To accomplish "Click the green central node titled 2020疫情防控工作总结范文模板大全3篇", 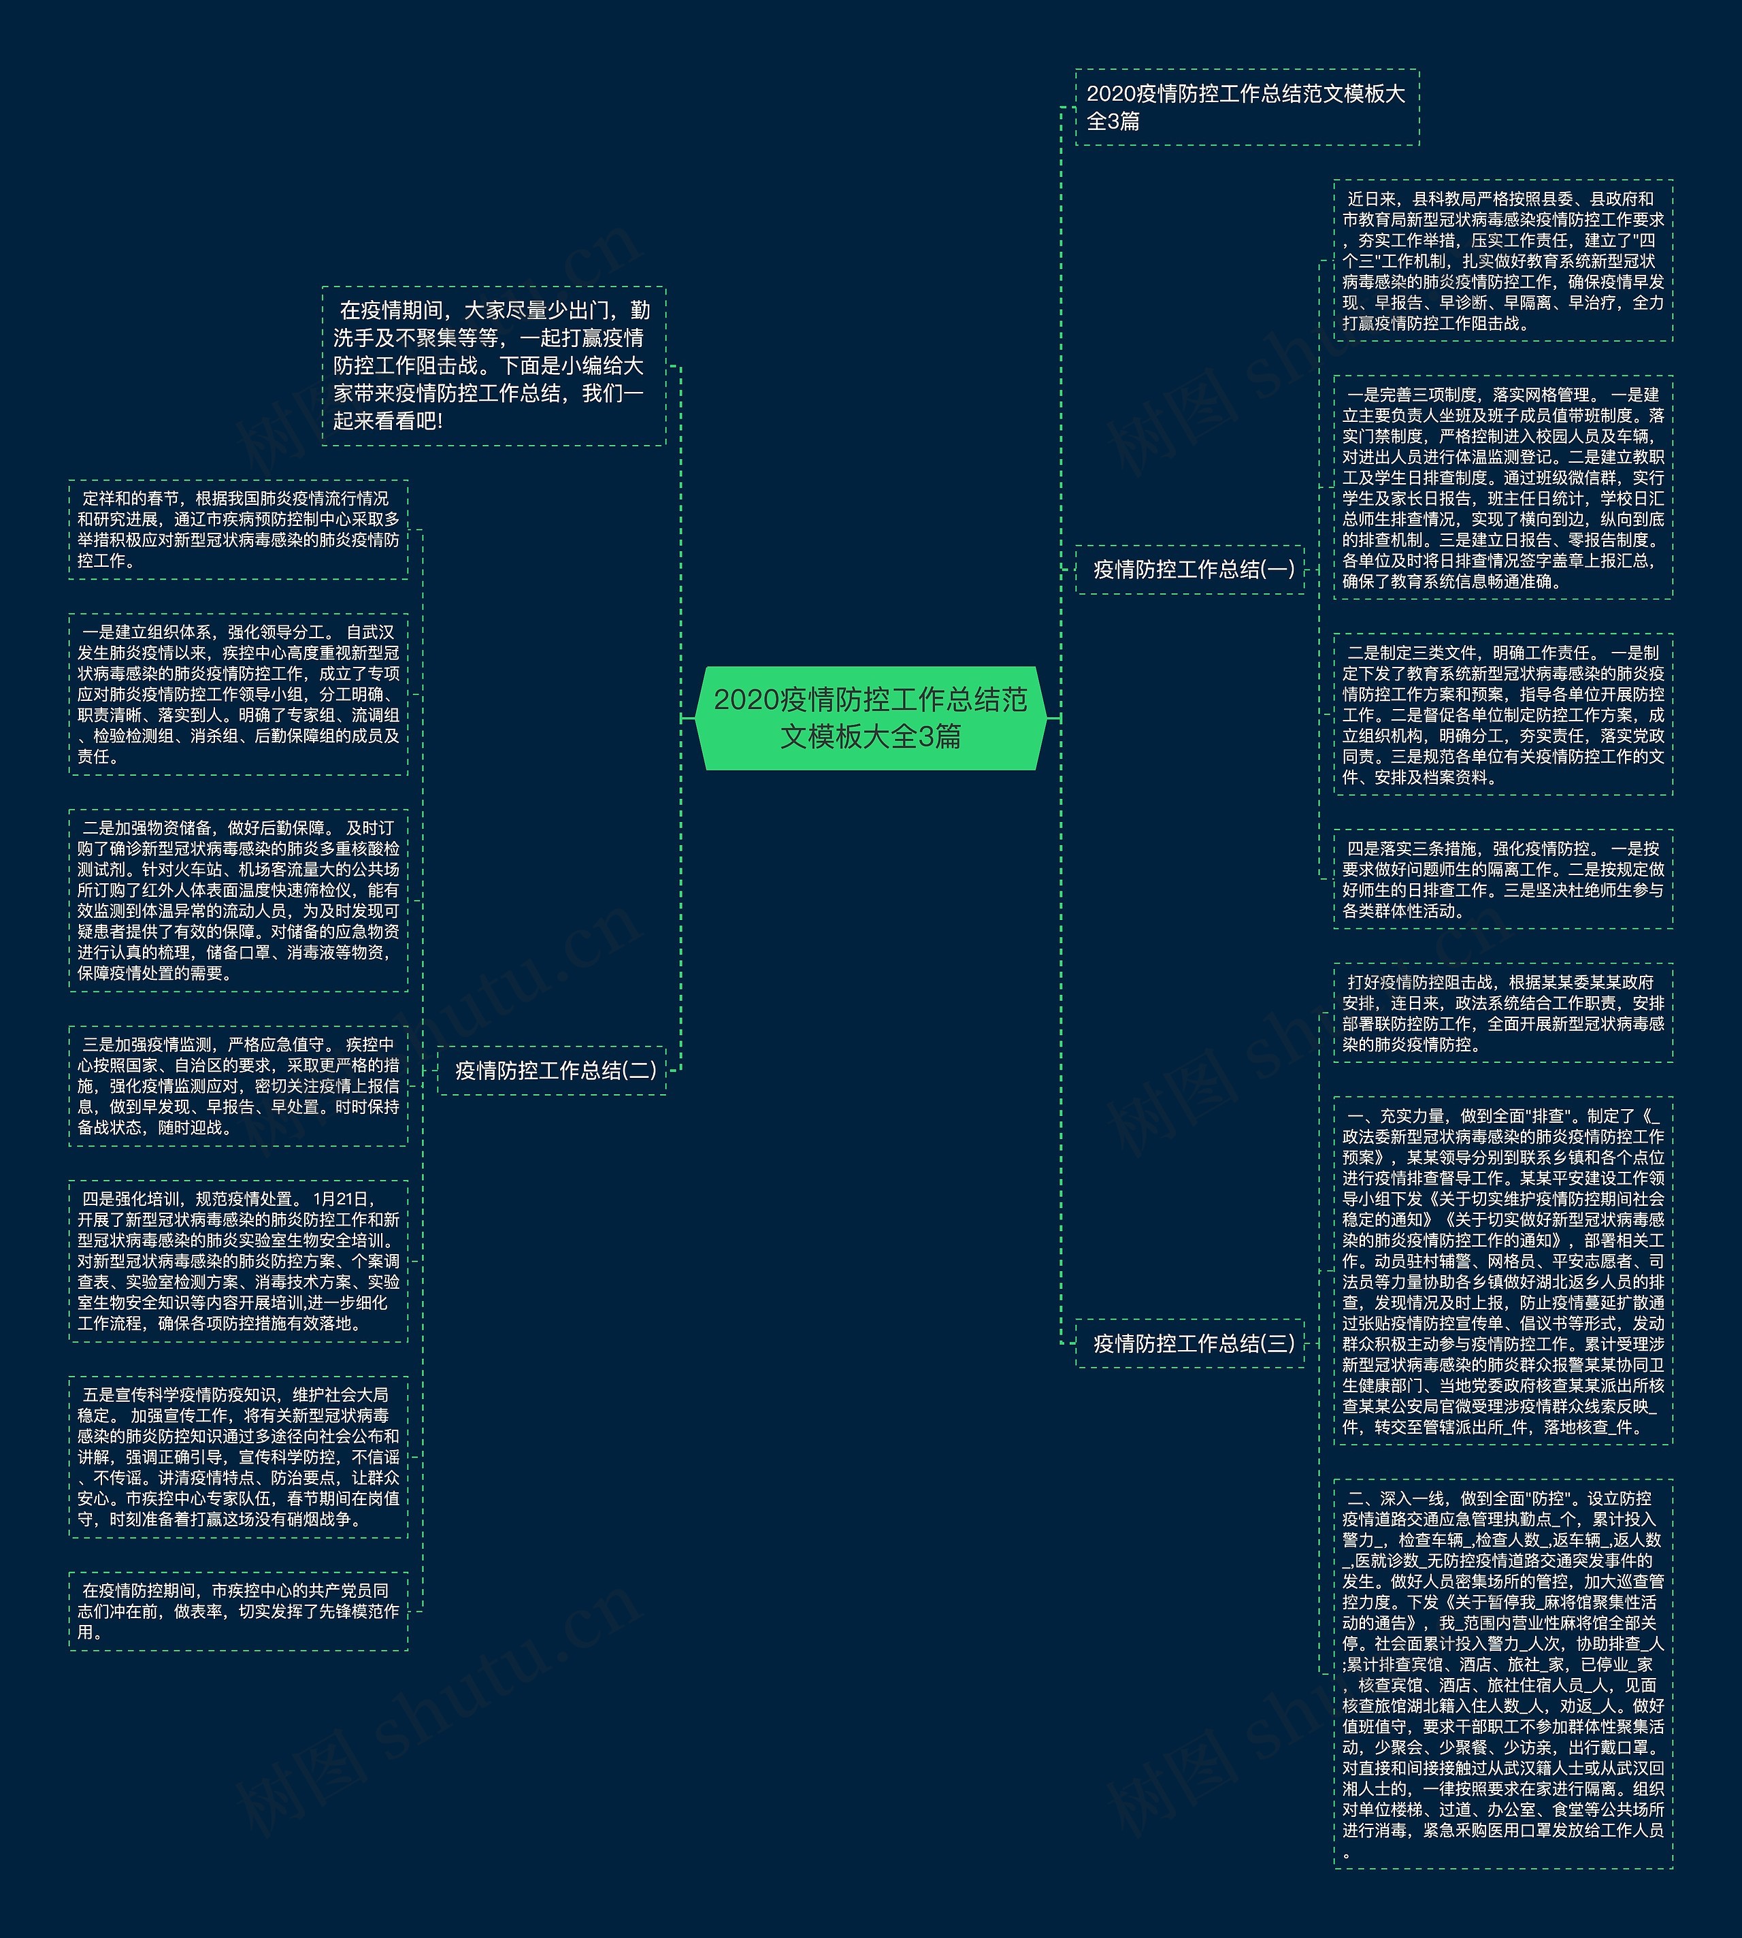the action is [x=870, y=718].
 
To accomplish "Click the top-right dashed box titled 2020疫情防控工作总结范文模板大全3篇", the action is [x=1246, y=108].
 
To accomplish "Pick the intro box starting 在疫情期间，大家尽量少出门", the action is [x=493, y=365].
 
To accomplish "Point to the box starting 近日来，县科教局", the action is [x=1502, y=261].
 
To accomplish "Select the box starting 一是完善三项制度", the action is [x=1502, y=487].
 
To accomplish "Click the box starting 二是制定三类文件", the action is [x=1502, y=714].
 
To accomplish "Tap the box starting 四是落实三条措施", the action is [x=1502, y=878].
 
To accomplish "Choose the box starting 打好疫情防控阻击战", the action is [x=1502, y=1013].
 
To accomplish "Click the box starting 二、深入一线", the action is [x=1502, y=1673].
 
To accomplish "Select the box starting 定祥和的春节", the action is [x=238, y=529].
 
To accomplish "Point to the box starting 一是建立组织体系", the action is [x=238, y=694].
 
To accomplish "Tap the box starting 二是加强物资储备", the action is [x=238, y=900].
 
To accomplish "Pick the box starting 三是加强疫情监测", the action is [x=238, y=1085].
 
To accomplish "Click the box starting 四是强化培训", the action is [x=238, y=1260].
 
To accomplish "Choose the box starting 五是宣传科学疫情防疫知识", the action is [x=238, y=1457].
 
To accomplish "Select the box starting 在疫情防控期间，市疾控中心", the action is [x=238, y=1611].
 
